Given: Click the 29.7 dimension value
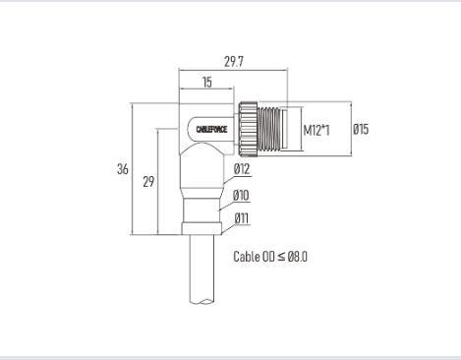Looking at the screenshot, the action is click(234, 62).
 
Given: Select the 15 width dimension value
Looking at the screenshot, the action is click(207, 82).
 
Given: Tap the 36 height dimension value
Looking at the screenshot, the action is click(123, 169).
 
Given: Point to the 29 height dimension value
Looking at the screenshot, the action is click(148, 181).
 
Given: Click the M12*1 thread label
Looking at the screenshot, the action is click(317, 130).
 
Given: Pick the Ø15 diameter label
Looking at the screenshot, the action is click(361, 129).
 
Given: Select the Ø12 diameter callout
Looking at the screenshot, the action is click(242, 169).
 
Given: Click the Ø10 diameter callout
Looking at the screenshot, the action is click(241, 196).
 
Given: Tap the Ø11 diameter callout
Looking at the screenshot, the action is click(242, 218).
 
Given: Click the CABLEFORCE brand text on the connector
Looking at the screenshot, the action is click(211, 130).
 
